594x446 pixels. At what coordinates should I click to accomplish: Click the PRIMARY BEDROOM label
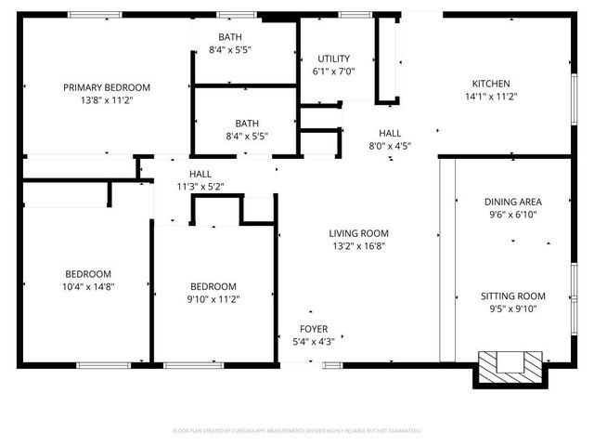107,87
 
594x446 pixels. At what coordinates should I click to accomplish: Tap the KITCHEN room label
491,84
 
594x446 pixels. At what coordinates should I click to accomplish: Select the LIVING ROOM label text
358,233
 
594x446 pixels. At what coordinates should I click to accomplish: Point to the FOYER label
312,329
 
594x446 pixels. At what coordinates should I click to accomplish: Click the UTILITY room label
334,59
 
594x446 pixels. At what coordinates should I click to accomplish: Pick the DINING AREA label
512,202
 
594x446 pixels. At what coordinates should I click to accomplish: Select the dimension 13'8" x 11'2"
107,100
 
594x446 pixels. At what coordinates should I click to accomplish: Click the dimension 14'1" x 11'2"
491,97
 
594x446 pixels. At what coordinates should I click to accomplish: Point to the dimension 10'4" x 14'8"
88,287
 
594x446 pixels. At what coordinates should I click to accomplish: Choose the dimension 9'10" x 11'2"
213,299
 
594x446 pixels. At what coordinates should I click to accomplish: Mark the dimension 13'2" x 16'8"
358,246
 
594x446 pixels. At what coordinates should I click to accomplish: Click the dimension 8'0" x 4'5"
390,146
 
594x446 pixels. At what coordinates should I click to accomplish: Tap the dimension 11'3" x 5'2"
200,187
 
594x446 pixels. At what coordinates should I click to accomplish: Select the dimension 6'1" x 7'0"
334,72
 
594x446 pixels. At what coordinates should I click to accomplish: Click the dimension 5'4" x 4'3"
312,342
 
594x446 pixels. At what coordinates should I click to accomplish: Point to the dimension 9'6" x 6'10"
512,215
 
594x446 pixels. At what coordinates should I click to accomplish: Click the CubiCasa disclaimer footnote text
297,431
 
